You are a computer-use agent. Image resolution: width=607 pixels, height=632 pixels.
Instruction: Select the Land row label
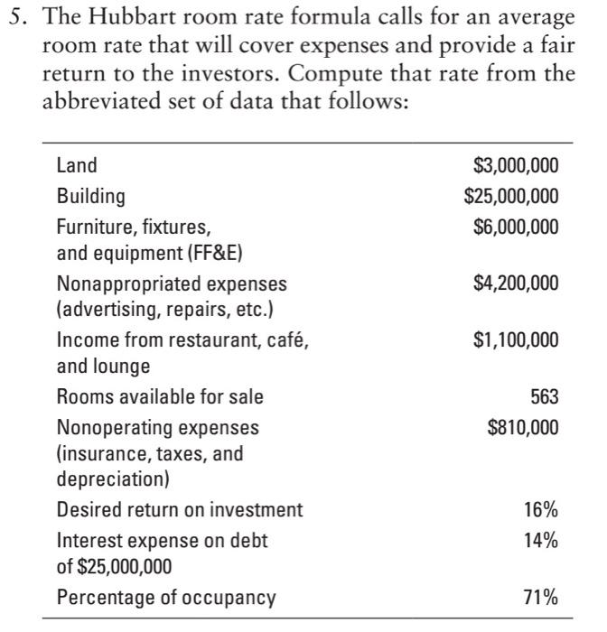tap(77, 165)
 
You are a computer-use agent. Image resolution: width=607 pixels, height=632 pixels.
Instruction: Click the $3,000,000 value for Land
tap(516, 165)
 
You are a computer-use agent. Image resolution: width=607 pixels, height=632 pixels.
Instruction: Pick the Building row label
tap(91, 195)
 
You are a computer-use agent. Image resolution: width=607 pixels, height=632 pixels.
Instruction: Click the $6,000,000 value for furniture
tap(516, 225)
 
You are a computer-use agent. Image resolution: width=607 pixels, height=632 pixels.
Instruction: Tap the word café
tap(285, 340)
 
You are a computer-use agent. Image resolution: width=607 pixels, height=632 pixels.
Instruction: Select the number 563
tap(544, 397)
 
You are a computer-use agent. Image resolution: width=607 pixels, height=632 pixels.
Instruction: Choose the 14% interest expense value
tap(541, 540)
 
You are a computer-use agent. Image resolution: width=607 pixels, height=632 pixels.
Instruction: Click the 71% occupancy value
tap(541, 597)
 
